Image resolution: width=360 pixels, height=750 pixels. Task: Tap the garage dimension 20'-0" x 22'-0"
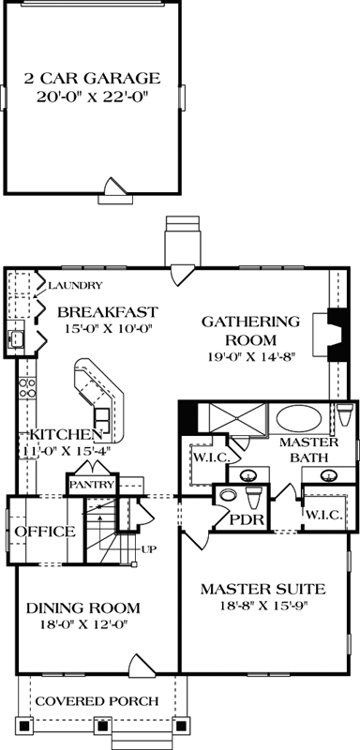pos(92,97)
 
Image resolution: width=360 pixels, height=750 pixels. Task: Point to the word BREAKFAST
pos(105,311)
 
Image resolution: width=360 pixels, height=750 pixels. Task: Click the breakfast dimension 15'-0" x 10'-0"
pos(105,328)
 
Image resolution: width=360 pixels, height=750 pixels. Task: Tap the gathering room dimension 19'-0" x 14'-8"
pos(250,356)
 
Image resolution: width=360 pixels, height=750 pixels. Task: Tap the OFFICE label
pos(44,532)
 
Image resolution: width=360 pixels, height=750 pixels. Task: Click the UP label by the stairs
pos(147,548)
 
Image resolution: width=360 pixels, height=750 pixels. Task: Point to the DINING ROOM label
pos(83,607)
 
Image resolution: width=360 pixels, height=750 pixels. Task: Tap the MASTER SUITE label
pos(263,590)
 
